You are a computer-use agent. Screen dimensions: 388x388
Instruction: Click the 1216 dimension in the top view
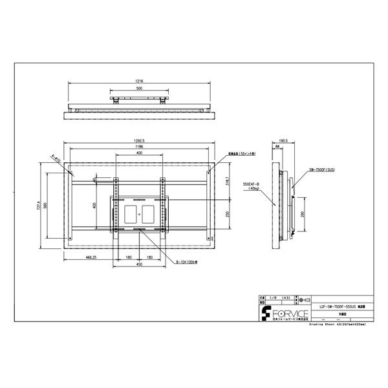pyautogui.click(x=139, y=82)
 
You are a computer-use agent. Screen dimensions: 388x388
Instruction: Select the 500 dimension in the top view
pyautogui.click(x=139, y=89)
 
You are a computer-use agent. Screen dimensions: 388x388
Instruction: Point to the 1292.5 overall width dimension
pyautogui.click(x=139, y=141)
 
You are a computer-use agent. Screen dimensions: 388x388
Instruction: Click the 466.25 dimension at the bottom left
pyautogui.click(x=91, y=257)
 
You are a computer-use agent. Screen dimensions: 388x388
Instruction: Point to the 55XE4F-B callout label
pyautogui.click(x=252, y=184)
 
